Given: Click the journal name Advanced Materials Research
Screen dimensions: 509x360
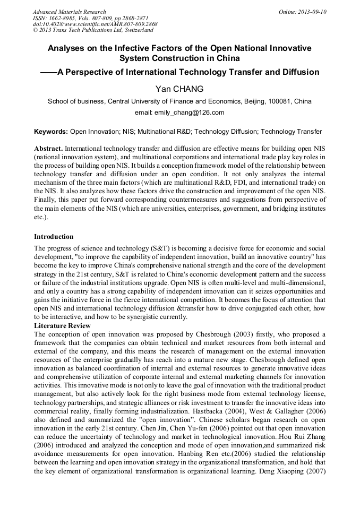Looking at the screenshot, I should tap(69, 12).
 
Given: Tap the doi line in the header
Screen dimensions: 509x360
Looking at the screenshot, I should tap(95, 24).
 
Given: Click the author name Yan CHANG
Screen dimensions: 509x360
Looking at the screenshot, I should tap(179, 88).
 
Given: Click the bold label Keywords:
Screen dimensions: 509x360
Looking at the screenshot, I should tap(51, 131).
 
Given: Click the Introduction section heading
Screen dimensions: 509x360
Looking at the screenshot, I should tap(54, 237).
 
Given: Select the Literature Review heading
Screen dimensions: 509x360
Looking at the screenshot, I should tap(62, 325).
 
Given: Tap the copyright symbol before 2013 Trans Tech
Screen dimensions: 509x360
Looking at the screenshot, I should tap(35, 31).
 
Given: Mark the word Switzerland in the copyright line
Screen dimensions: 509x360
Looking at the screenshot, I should tap(137, 31).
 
